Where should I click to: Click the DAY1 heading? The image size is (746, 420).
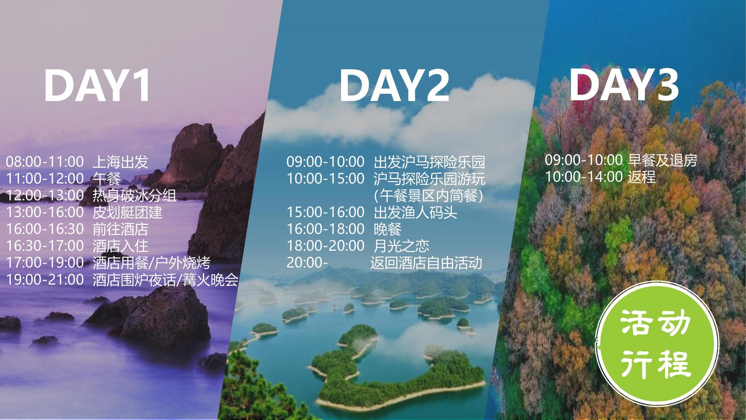click(x=97, y=86)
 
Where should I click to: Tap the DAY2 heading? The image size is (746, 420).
click(x=394, y=86)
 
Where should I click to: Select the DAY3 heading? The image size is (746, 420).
click(x=624, y=84)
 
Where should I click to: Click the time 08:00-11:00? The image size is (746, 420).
click(x=45, y=162)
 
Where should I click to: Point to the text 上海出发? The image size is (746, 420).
click(x=120, y=162)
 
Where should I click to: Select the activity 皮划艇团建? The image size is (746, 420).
click(x=127, y=212)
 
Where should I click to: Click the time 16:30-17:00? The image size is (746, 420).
click(x=45, y=246)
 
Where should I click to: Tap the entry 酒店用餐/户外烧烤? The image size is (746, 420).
click(x=152, y=263)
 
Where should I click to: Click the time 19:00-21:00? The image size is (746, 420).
click(x=45, y=280)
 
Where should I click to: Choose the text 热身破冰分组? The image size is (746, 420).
click(x=134, y=195)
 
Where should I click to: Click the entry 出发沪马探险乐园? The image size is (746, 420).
click(x=429, y=162)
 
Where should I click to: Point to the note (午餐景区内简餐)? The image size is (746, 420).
click(x=429, y=195)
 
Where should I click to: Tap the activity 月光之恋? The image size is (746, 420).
click(x=401, y=246)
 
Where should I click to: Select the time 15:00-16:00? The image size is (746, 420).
click(x=326, y=212)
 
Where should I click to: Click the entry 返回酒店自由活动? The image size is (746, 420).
click(x=426, y=263)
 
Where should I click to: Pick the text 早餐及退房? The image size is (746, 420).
click(x=662, y=160)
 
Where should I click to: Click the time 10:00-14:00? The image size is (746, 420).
click(x=584, y=177)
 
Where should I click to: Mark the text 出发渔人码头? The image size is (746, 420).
click(x=415, y=212)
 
